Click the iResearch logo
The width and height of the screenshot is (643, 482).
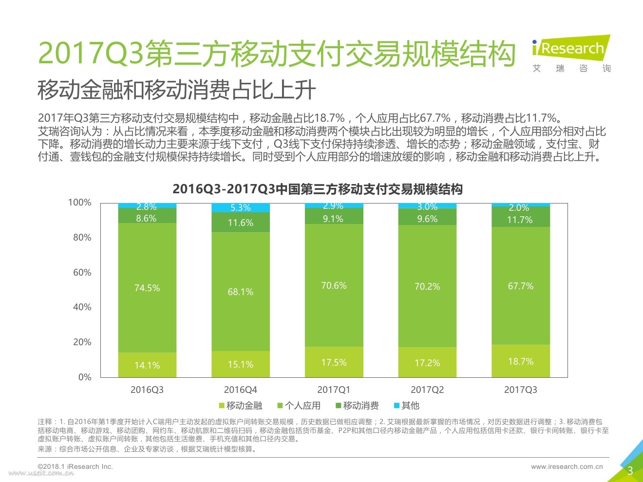(x=571, y=54)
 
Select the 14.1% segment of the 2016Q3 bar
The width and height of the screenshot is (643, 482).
(x=147, y=365)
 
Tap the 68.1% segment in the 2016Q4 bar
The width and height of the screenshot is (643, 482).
(x=241, y=292)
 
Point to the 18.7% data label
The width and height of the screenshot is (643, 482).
(x=521, y=361)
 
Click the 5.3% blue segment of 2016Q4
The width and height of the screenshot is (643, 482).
(x=241, y=208)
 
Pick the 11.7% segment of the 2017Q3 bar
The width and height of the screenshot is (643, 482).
(x=521, y=220)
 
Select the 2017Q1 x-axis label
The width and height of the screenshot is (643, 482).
(x=334, y=389)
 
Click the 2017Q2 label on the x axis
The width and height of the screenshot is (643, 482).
(x=427, y=389)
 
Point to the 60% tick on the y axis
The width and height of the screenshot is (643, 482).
(x=82, y=272)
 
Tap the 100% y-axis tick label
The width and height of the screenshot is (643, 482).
(x=79, y=203)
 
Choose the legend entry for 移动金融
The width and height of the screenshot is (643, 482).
(x=241, y=406)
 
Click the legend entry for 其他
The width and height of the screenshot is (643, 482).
(x=406, y=406)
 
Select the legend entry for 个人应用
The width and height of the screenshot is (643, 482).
(x=299, y=406)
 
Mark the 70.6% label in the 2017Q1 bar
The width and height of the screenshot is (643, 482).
(x=334, y=285)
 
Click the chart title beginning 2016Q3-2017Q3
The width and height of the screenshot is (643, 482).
(x=318, y=189)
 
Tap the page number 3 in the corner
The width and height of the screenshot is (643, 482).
(x=630, y=470)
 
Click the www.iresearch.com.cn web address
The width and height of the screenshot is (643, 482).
(x=567, y=466)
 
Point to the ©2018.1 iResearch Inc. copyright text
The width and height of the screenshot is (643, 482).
(x=76, y=466)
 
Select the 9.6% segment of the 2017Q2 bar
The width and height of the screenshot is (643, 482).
(x=427, y=219)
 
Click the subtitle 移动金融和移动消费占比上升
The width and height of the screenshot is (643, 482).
(x=177, y=90)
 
